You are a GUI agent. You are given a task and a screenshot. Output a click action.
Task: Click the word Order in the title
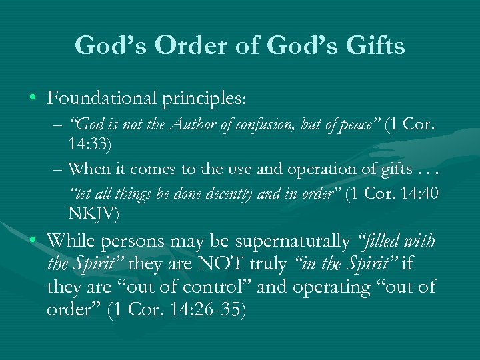point(191,46)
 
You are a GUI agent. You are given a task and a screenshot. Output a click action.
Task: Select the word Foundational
point(99,98)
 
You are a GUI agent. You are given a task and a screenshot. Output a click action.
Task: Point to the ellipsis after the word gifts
point(434,169)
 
